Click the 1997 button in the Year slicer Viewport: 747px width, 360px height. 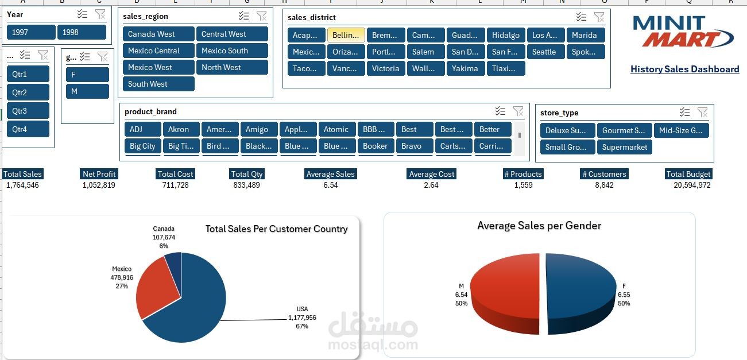coord(31,32)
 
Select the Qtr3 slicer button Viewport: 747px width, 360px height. coord(28,111)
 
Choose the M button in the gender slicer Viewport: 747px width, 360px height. coord(87,91)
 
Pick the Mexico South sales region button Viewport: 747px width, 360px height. coord(232,51)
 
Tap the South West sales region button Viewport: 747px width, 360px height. coord(158,84)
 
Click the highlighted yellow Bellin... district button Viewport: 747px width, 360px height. coord(346,35)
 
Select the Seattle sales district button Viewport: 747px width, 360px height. coord(544,52)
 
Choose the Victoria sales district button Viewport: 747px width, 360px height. coord(386,68)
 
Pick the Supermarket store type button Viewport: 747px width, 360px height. coord(624,147)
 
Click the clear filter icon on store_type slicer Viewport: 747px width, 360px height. coord(702,113)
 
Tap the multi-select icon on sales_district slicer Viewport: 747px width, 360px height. coord(581,17)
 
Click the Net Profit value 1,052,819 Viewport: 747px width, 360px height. coord(99,185)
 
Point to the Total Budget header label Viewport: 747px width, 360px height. coord(688,174)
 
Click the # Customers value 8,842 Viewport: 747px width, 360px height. coord(603,185)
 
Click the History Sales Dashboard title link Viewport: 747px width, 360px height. coord(684,69)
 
